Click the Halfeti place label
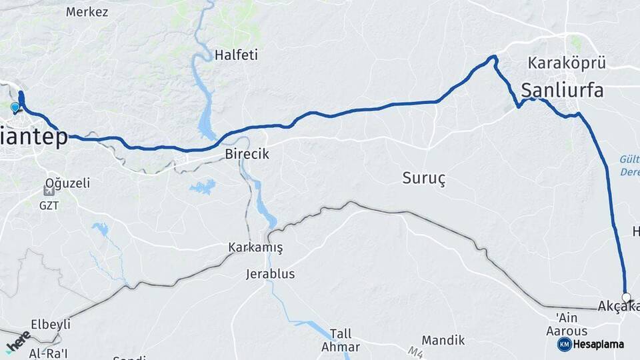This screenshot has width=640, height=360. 236,55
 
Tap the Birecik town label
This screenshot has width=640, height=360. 247,154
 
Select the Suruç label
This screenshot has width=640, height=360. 423,178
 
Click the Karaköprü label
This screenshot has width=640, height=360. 567,63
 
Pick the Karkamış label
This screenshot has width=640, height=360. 255,248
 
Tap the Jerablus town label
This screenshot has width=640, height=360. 270,274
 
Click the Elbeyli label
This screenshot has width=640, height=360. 51,324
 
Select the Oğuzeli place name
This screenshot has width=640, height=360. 67,183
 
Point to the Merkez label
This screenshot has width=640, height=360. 87,12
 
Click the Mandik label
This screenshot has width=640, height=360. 443,341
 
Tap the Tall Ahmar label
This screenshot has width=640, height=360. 340,340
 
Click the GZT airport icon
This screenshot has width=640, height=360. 49,191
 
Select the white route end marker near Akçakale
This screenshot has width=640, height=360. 626,297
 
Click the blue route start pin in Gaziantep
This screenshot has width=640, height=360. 15,107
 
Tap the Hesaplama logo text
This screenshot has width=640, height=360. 598,345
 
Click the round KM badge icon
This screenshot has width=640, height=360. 564,344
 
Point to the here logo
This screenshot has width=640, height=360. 18,341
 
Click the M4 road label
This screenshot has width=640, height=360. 415,352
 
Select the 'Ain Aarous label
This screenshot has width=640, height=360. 567,325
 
